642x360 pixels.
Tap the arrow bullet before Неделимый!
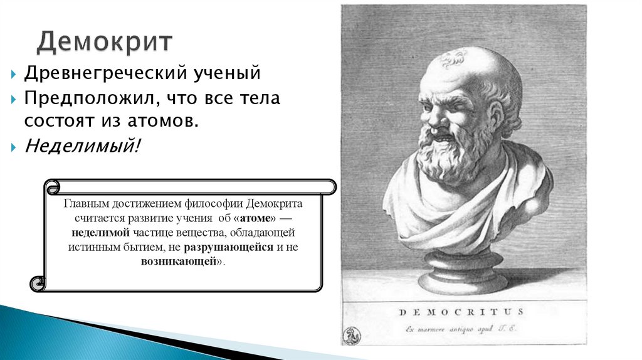(x=15, y=147)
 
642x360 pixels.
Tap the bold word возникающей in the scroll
(x=179, y=261)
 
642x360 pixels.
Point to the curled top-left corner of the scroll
(x=53, y=186)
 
